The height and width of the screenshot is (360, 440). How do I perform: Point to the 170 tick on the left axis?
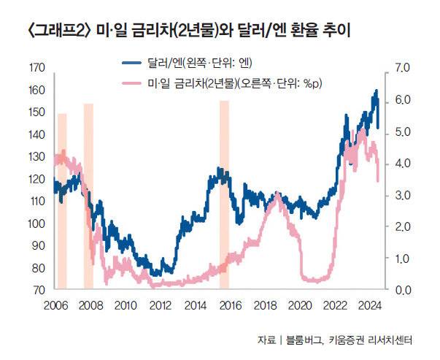(34, 68)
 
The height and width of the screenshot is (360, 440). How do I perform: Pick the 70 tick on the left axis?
(34, 290)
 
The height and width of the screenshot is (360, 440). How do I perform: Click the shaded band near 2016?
(224, 194)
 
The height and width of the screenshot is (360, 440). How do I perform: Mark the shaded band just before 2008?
(88, 196)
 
